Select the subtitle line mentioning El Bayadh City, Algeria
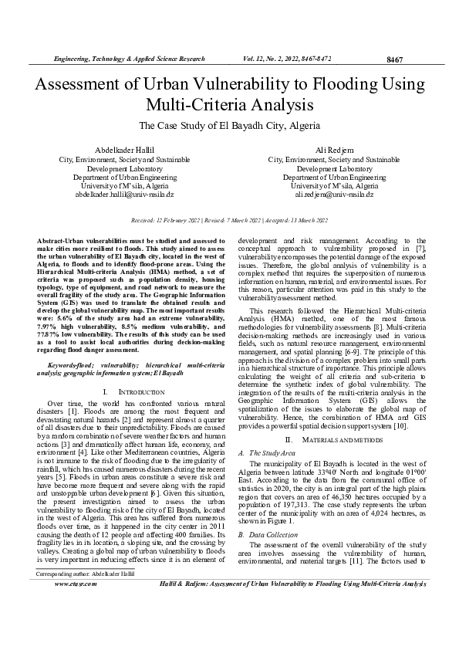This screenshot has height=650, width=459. [x=229, y=125]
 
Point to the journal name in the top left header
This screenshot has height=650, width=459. [x=128, y=59]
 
